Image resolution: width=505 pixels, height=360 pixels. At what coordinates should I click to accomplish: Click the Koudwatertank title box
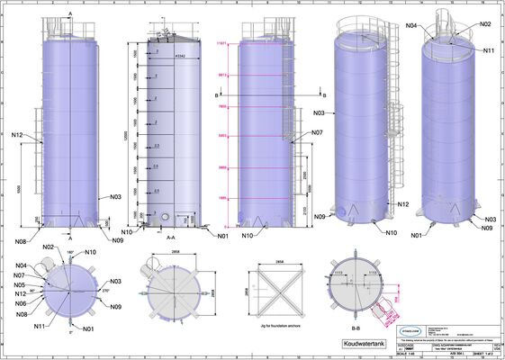[x=365, y=343]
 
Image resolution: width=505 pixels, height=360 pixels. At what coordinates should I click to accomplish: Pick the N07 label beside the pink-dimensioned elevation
[x=317, y=132]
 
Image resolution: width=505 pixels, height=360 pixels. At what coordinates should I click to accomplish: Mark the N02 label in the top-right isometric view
[x=486, y=24]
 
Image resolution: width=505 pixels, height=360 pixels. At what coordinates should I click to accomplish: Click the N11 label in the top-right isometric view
[x=489, y=50]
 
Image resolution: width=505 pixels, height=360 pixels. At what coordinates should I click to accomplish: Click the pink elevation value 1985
[x=222, y=197]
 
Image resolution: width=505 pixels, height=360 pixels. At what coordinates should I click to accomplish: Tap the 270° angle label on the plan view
[x=104, y=292]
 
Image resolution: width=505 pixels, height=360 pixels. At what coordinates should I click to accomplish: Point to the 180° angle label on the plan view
[x=72, y=255]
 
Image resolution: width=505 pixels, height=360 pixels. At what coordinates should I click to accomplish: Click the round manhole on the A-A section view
[x=166, y=217]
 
